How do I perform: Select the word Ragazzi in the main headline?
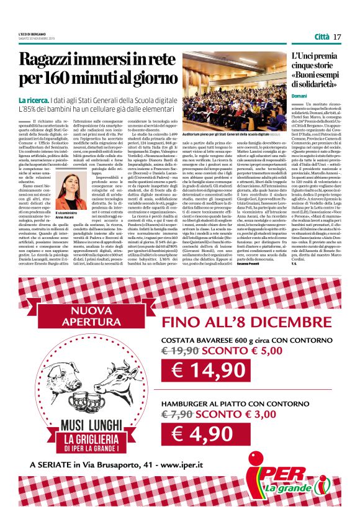53,61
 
